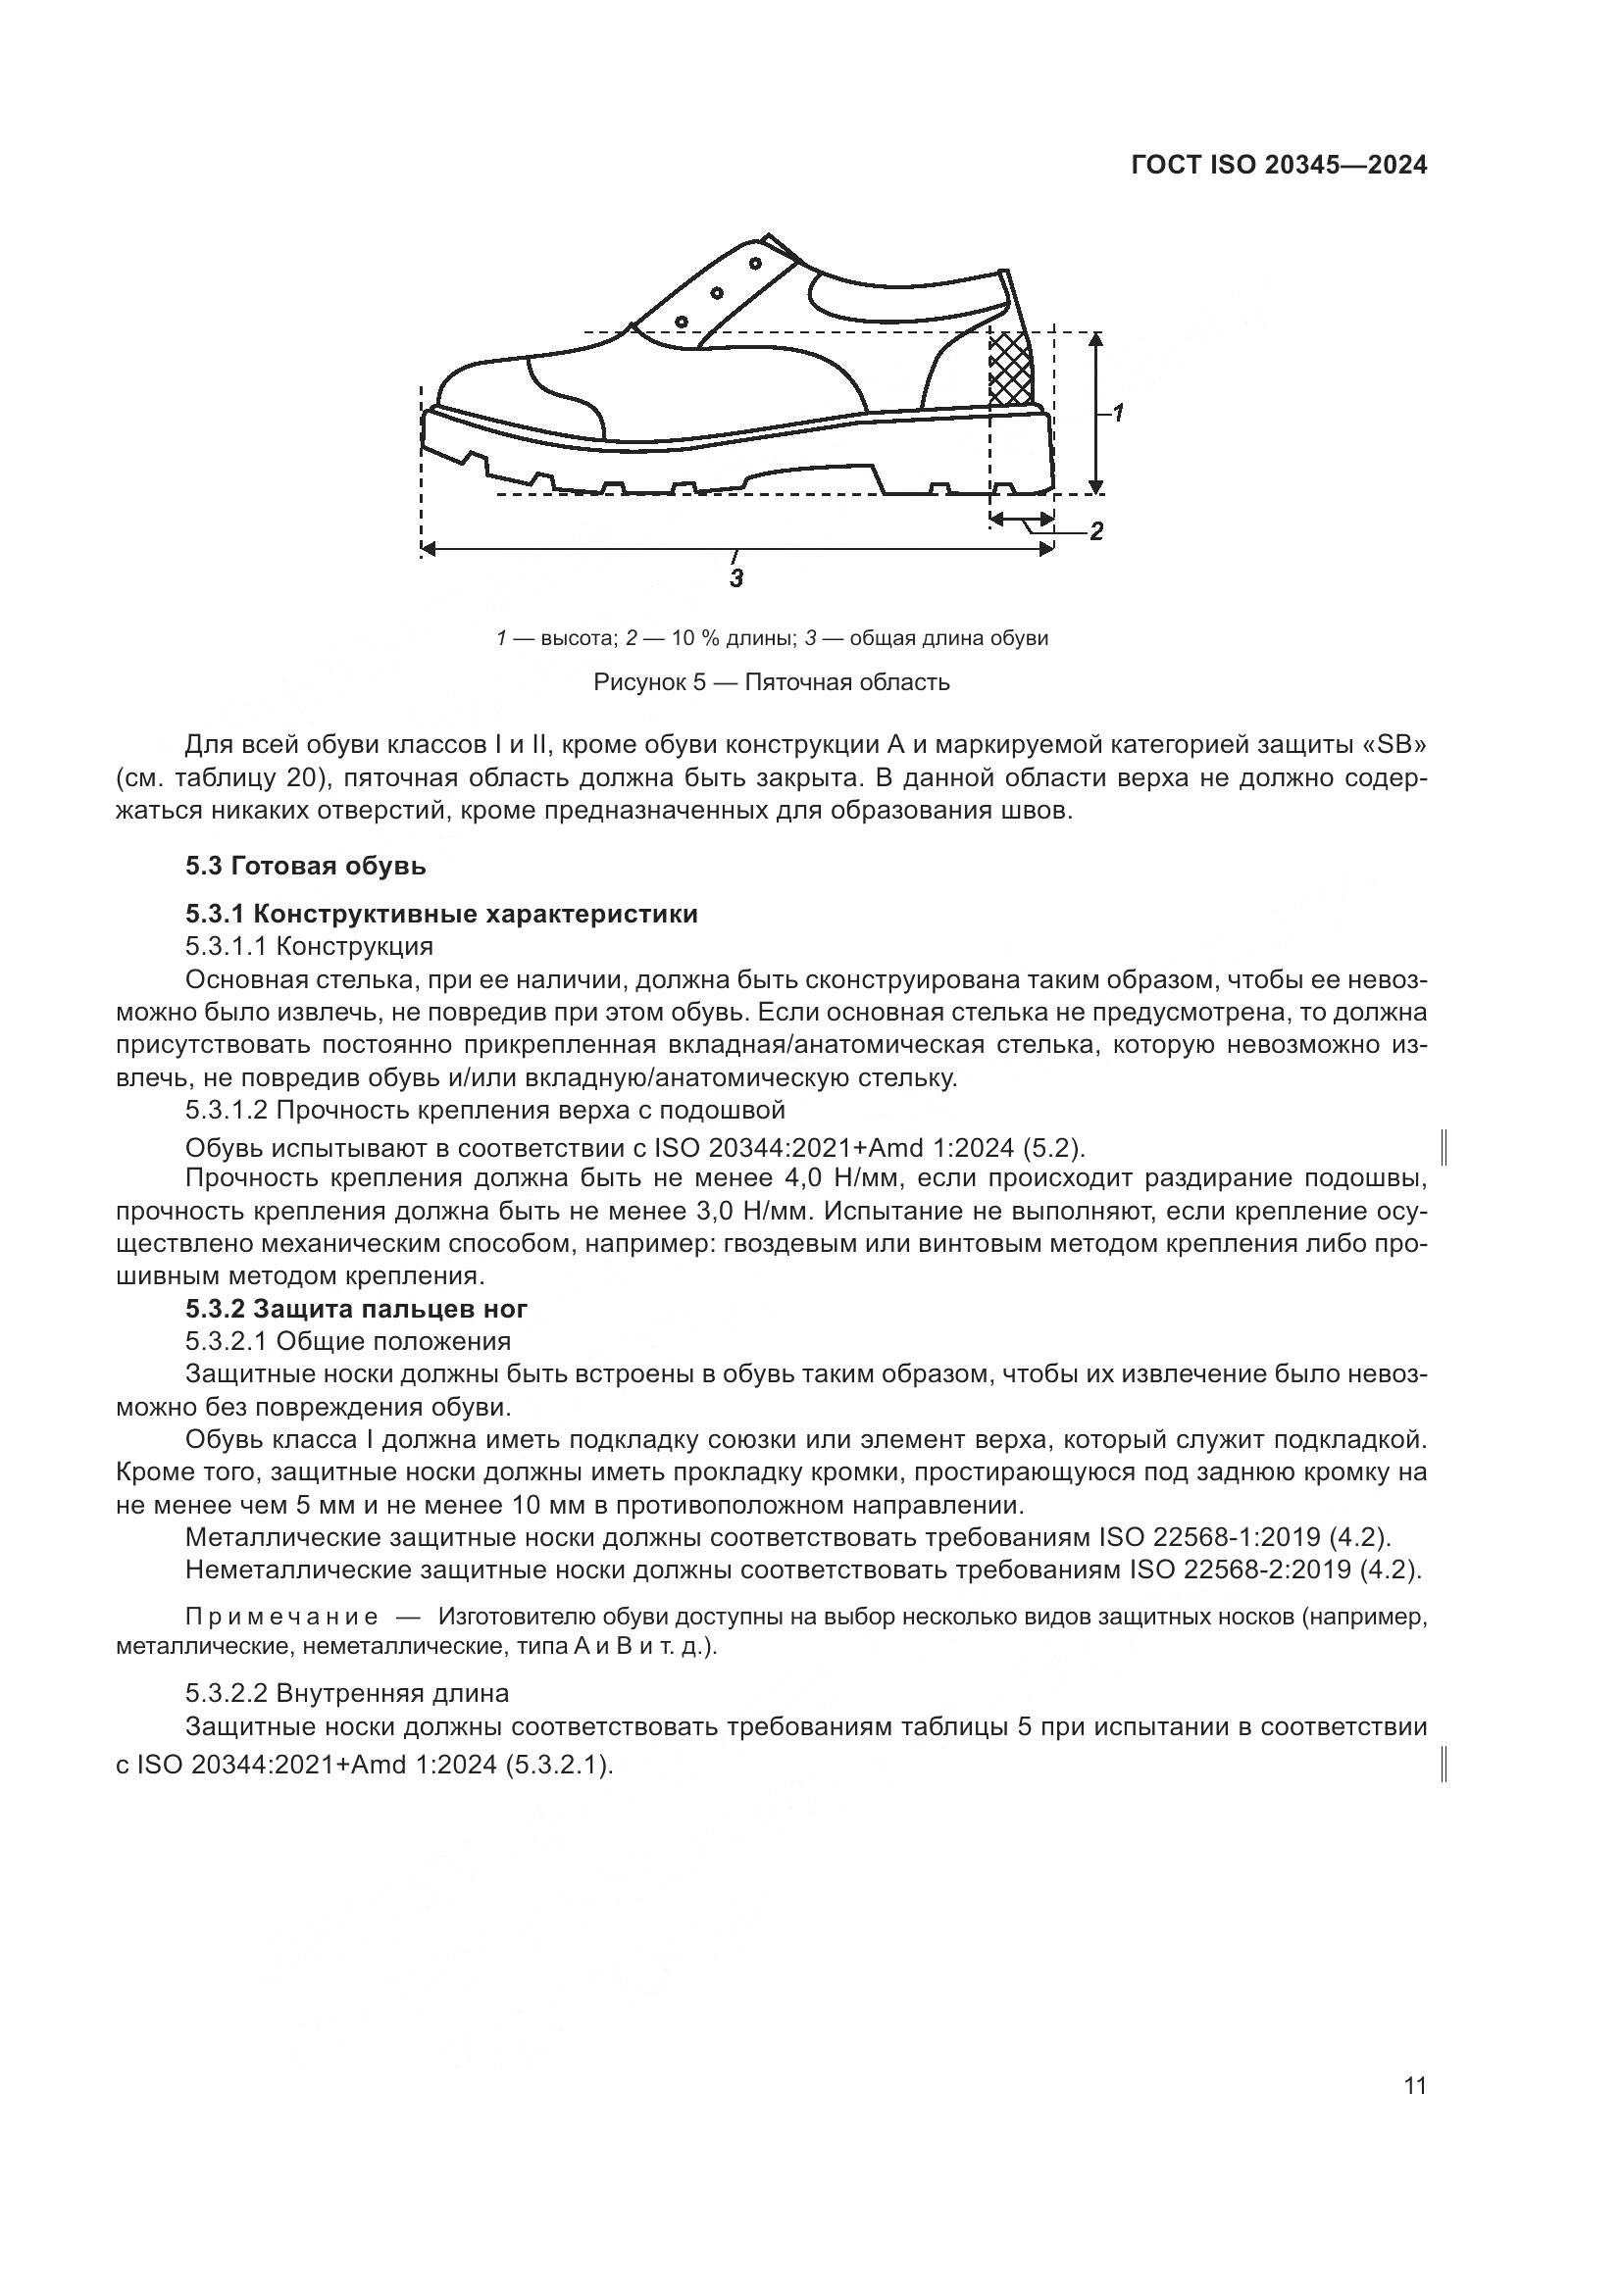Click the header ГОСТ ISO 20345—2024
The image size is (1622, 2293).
pos(1279,165)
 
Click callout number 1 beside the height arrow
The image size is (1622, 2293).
pos(1119,412)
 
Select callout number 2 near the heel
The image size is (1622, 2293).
pos(1096,530)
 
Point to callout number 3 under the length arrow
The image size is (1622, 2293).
pos(736,577)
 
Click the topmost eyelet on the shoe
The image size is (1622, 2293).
pos(755,263)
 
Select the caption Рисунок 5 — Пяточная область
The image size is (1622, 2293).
pos(771,682)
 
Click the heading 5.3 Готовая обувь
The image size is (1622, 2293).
pos(306,865)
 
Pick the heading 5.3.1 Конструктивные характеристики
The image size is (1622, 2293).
pos(441,913)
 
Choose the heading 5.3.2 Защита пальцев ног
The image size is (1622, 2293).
pos(357,1308)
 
